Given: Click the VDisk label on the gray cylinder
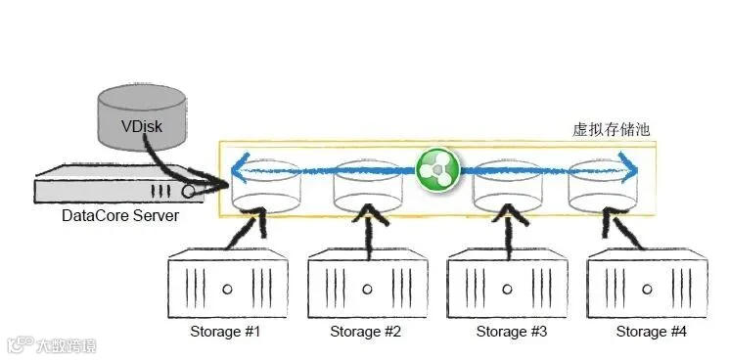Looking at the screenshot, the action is [x=142, y=126].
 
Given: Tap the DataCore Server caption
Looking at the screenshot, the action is [x=120, y=215].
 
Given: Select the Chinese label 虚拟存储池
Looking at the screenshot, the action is [x=611, y=129].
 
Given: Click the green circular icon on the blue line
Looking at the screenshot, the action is [x=437, y=170].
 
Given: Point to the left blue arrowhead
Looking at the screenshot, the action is [x=242, y=169].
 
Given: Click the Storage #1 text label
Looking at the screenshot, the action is [x=224, y=332].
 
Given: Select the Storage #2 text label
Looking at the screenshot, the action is [x=365, y=332].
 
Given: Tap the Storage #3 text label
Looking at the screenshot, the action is [x=512, y=332].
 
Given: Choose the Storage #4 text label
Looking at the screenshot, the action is [x=651, y=332].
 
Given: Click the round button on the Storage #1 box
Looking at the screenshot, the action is [x=227, y=290].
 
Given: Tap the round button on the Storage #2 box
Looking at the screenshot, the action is [x=367, y=290].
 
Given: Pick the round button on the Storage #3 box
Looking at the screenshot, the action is [x=507, y=290].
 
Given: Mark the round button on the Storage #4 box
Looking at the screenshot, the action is [x=647, y=290].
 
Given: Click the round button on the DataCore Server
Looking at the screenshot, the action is [x=188, y=192].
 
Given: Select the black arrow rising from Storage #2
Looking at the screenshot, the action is [x=370, y=231].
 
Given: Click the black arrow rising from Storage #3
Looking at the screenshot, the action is [x=509, y=231].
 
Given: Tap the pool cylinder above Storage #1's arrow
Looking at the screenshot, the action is [x=266, y=187].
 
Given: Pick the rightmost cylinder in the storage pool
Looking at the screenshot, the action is [x=604, y=187].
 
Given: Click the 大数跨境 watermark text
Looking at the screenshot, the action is [x=66, y=345].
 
